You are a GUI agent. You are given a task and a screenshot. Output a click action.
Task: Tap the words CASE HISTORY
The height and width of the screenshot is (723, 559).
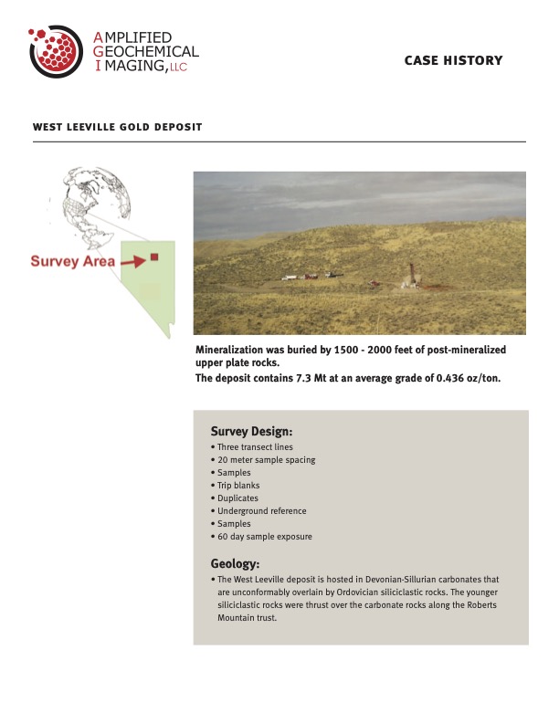453,60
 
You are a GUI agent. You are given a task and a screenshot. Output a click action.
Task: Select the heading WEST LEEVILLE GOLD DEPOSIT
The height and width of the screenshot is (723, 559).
117,127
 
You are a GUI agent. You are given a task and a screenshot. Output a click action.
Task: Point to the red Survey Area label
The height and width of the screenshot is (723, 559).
73,261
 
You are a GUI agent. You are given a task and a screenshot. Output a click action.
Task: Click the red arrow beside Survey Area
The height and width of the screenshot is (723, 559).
133,261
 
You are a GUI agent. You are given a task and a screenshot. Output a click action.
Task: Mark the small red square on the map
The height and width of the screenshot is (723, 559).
154,257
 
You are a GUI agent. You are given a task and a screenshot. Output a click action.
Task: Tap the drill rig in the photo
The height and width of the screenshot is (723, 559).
411,274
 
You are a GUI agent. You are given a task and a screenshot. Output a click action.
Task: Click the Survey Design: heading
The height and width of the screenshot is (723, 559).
251,431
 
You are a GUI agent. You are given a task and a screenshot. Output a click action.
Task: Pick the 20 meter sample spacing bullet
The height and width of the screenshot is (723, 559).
265,460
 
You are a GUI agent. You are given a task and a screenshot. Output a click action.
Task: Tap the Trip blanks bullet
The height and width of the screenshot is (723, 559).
239,486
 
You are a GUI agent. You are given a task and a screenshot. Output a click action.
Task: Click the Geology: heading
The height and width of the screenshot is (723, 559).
235,563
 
